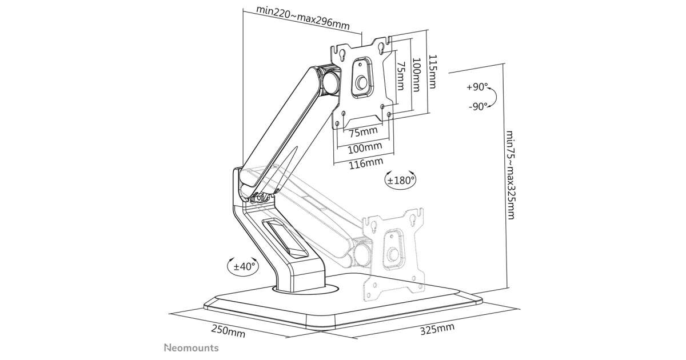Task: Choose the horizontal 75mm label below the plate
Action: click(364, 133)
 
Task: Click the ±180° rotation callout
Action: click(400, 179)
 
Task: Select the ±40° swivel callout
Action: click(245, 266)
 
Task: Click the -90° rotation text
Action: click(477, 106)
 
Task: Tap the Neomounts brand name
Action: click(191, 347)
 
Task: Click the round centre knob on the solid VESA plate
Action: click(361, 83)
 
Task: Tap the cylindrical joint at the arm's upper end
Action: click(330, 82)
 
